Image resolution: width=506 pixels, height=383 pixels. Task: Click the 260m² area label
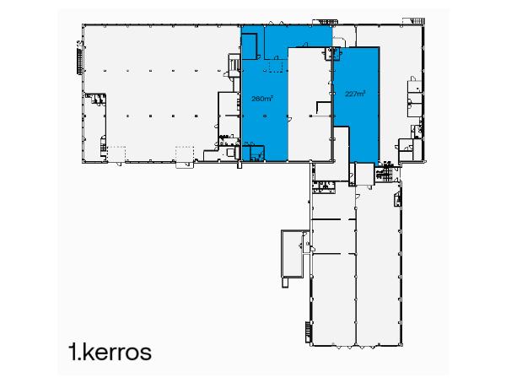click(x=262, y=99)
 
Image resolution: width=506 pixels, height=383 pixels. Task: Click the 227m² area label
click(x=355, y=93)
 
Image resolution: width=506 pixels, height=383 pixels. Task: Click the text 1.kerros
click(x=110, y=351)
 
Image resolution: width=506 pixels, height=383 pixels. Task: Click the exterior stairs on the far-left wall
click(x=79, y=59)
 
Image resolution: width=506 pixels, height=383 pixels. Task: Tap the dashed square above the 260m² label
click(x=272, y=67)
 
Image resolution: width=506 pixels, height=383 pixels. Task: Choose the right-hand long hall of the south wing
click(x=376, y=270)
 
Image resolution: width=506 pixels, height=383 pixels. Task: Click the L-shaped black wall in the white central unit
click(x=320, y=106)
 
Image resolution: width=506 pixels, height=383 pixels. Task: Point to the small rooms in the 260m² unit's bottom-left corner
click(x=251, y=151)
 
